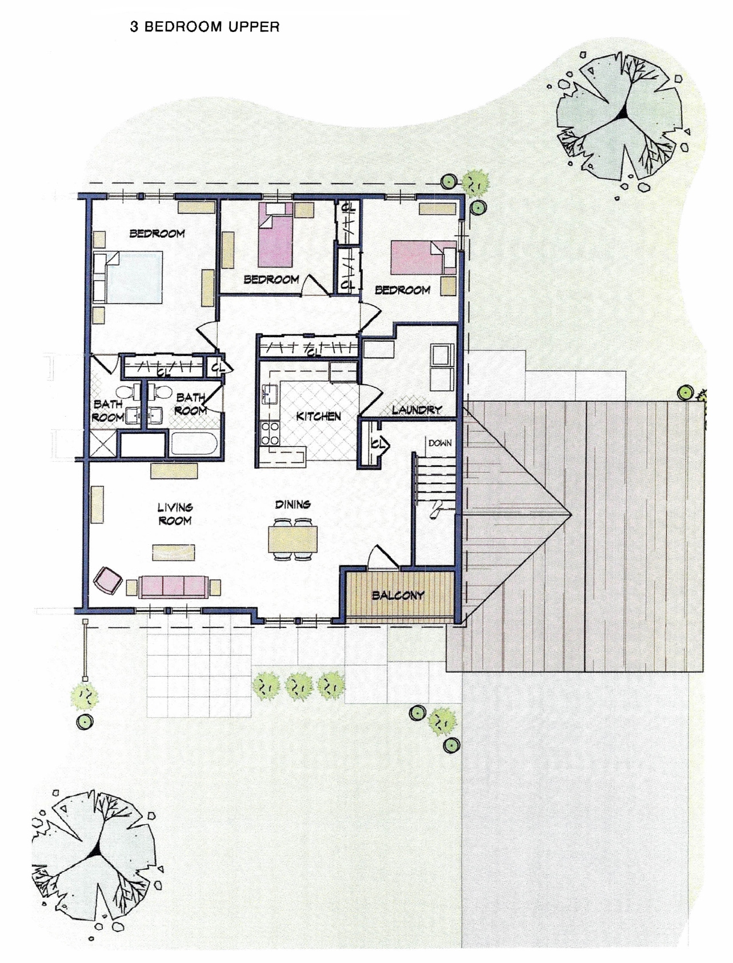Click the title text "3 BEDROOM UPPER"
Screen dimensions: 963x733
[x=205, y=27]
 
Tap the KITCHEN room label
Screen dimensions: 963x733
[x=318, y=416]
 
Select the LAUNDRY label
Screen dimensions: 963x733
[x=416, y=409]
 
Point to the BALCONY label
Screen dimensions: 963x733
[x=398, y=595]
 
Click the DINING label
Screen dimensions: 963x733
[x=293, y=504]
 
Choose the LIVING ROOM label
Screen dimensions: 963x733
[x=175, y=513]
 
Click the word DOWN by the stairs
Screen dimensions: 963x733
[x=440, y=443]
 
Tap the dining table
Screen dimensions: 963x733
[x=293, y=538]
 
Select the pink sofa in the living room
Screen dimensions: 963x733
[x=173, y=586]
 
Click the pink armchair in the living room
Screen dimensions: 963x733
[x=107, y=580]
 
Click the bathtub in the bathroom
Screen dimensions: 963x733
[x=193, y=445]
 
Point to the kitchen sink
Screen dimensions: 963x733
[x=269, y=394]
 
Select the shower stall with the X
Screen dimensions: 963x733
[x=103, y=443]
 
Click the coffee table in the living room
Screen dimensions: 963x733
[x=173, y=552]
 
